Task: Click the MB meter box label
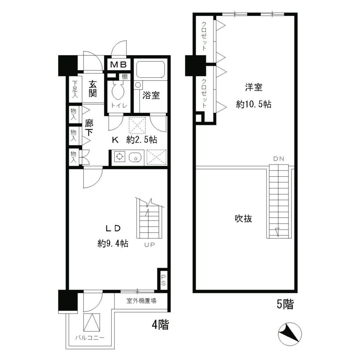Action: (x=119, y=65)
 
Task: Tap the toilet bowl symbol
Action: (x=116, y=92)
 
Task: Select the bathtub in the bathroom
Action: (x=150, y=70)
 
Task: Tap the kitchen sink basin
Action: (x=134, y=157)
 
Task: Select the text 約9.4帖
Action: (x=112, y=243)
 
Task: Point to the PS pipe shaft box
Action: (x=163, y=280)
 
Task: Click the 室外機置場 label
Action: (x=141, y=301)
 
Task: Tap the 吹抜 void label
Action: (x=243, y=219)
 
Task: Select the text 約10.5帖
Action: (x=253, y=104)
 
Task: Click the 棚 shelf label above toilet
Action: (x=125, y=76)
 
